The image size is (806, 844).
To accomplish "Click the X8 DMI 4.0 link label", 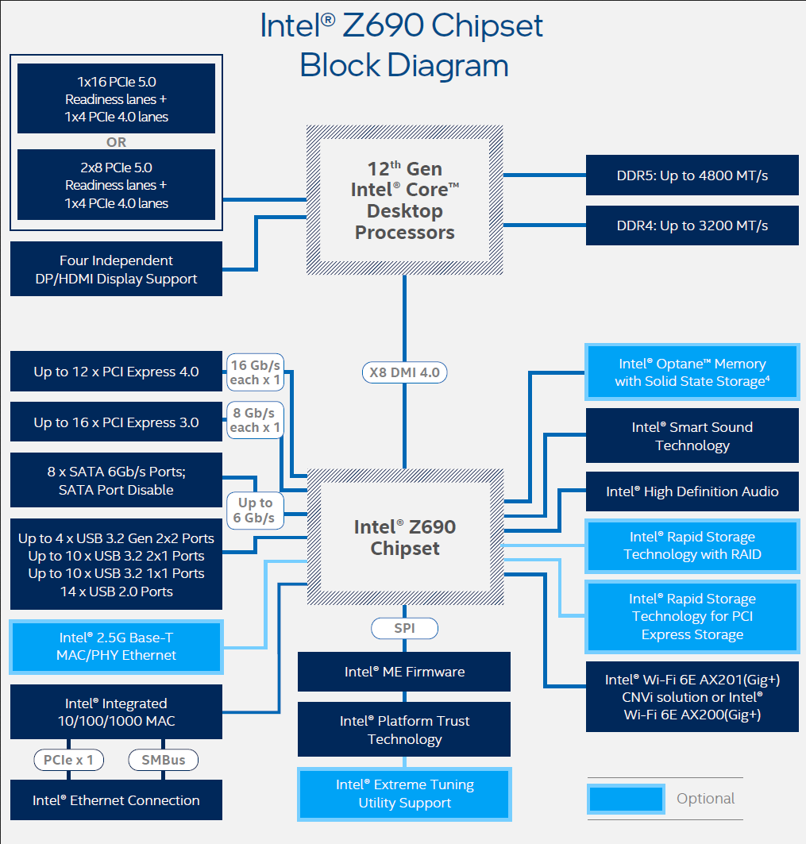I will coord(405,372).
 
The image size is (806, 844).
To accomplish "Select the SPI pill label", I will coord(404,629).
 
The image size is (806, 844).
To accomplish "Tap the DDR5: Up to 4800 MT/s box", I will coord(692,175).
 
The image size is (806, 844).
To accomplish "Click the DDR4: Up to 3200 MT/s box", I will coord(692,225).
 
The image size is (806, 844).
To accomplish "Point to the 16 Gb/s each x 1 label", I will coord(255,372).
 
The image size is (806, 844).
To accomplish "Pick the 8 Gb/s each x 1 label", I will coord(255,420).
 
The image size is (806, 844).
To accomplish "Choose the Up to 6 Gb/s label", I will coord(255,511).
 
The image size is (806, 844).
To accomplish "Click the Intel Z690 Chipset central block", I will coord(405,538).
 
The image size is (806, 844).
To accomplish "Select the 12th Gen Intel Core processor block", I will coord(405,200).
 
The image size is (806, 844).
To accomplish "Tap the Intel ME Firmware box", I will coord(404,672).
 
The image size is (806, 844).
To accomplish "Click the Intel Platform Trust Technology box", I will coord(404,730).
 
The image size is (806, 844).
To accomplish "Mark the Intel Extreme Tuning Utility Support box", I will coord(404,793).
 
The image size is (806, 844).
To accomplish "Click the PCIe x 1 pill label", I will coord(68,760).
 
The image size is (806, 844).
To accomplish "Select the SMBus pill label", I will coord(164,760).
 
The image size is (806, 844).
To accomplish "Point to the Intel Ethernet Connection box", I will coord(116,800).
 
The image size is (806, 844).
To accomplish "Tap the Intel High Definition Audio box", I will coord(692,491).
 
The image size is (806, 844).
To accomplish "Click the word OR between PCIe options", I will coord(116,143).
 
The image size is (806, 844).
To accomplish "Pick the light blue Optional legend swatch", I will coord(626,799).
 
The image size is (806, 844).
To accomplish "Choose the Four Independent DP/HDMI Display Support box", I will coord(116,269).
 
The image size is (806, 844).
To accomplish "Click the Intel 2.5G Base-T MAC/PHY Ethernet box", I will coord(116,646).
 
